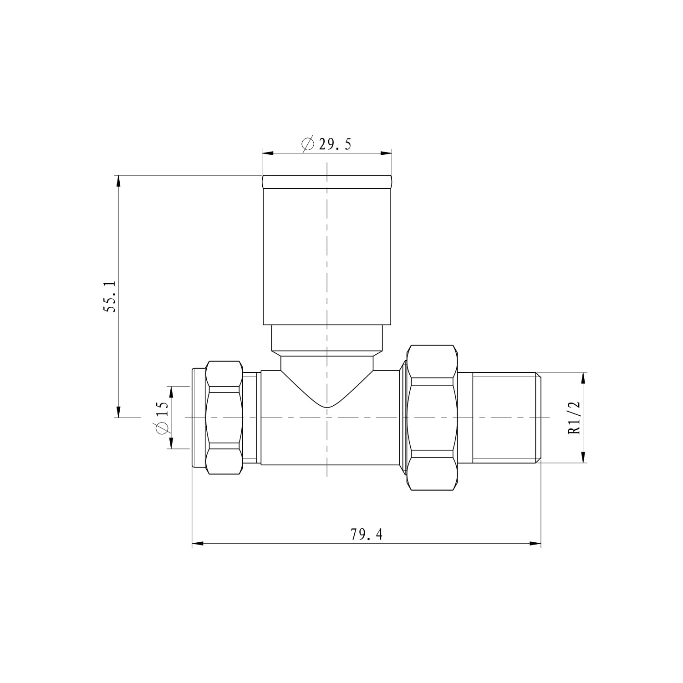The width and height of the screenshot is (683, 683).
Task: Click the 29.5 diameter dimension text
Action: [x=335, y=144]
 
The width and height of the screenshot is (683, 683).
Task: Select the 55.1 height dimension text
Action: [x=111, y=296]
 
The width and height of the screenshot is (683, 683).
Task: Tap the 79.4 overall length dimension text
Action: [x=367, y=534]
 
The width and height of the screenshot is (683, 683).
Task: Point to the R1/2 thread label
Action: [x=575, y=418]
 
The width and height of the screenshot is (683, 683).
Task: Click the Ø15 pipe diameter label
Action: [x=162, y=418]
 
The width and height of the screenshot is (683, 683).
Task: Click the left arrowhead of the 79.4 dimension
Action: [x=198, y=543]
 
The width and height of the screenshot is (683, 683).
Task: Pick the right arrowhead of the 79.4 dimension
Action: [x=535, y=543]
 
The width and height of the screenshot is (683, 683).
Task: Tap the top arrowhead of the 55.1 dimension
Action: [x=118, y=181]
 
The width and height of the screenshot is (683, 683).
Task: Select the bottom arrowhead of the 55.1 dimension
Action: [x=118, y=412]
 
